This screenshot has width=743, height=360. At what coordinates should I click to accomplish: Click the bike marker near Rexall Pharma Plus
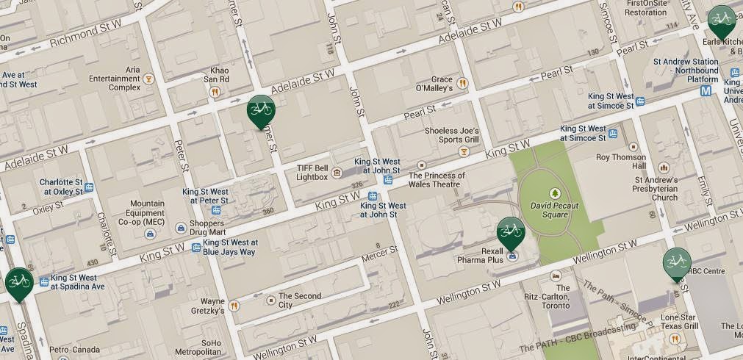click(511, 232)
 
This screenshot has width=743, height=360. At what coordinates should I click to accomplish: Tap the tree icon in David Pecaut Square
click(554, 192)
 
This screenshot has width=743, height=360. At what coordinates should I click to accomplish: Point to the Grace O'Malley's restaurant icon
click(463, 83)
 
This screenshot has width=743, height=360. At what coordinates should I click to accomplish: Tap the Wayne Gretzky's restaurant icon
click(234, 306)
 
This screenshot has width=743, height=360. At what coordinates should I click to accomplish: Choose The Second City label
click(297, 300)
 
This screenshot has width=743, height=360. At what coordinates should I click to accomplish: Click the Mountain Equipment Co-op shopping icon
click(150, 234)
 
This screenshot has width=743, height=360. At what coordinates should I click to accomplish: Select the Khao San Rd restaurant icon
click(215, 92)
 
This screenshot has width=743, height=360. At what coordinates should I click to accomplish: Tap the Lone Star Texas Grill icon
click(674, 338)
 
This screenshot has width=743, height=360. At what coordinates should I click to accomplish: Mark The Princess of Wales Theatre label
click(437, 180)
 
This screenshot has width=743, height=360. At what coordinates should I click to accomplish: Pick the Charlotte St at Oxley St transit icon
click(89, 187)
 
